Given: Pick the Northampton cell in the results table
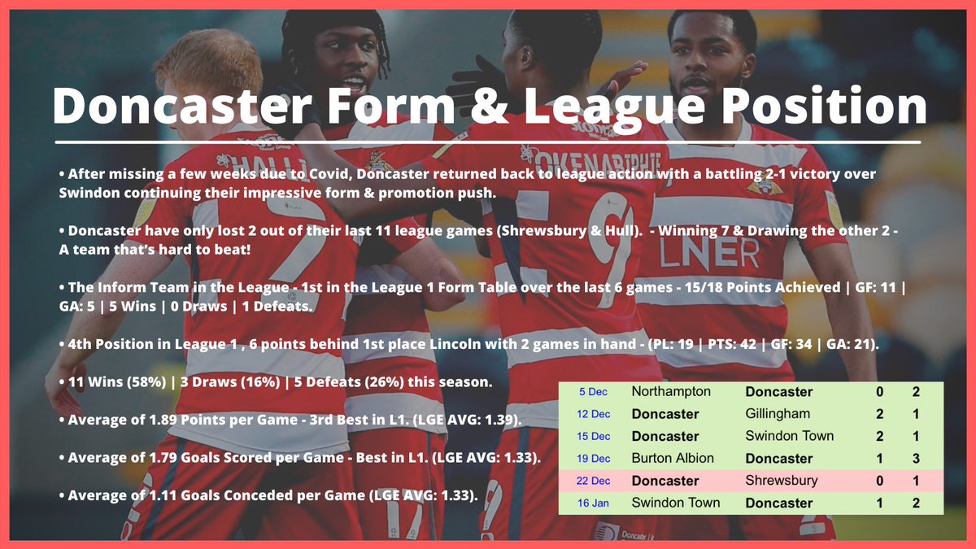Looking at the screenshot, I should (671, 391).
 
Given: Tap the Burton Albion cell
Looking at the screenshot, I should (673, 458).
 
